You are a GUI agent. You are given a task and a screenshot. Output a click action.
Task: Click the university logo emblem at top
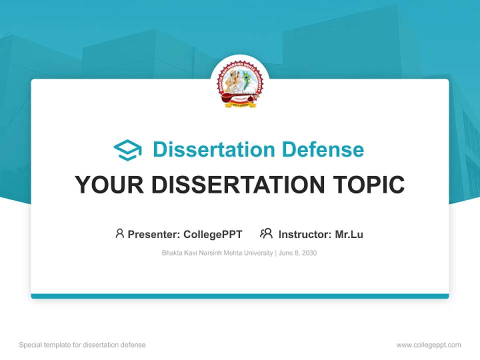click(239, 84)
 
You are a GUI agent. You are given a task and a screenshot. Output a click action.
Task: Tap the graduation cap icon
click(127, 150)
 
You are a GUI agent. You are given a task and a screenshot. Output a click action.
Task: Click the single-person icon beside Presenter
click(119, 233)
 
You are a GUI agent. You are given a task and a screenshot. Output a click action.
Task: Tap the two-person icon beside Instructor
click(266, 233)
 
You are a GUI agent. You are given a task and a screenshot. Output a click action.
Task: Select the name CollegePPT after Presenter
click(213, 234)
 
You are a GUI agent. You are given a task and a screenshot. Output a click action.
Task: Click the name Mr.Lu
click(349, 234)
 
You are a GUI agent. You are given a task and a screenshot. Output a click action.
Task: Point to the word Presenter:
click(154, 234)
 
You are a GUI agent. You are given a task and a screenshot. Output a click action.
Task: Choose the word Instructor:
click(305, 234)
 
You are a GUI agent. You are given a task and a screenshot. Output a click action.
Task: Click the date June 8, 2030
click(298, 253)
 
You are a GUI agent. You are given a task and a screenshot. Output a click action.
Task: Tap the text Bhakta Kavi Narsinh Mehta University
click(217, 253)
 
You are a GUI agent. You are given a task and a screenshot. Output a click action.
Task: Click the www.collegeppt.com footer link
click(428, 345)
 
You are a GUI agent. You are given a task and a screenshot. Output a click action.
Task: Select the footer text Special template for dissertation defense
click(82, 345)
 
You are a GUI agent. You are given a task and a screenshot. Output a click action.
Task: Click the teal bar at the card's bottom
click(239, 296)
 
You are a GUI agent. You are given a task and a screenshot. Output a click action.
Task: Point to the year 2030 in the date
click(309, 253)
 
